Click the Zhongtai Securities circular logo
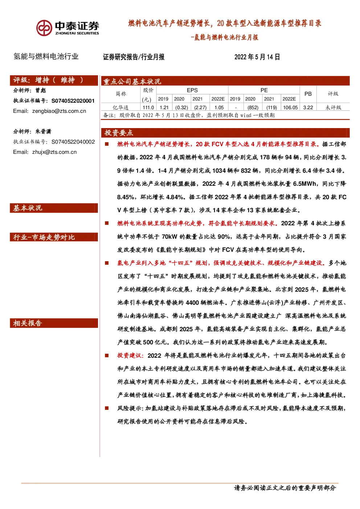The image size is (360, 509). tap(44, 28)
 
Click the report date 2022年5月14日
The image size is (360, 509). tap(257, 57)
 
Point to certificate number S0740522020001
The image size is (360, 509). tap(73, 100)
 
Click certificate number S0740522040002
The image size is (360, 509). tap(73, 141)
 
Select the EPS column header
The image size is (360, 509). tap(192, 90)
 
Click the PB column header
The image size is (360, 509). tap(308, 94)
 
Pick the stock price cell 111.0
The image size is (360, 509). tap(148, 107)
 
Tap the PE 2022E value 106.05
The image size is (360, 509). tap(290, 107)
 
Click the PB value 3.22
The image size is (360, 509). tap(308, 107)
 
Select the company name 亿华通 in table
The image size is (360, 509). tap(120, 107)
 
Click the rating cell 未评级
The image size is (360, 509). tap(333, 107)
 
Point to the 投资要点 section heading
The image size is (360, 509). tap(119, 132)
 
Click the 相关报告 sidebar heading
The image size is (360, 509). tap(28, 323)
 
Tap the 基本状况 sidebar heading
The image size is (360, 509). tap(28, 208)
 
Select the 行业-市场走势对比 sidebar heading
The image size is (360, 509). tap(44, 237)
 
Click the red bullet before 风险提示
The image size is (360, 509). tap(107, 409)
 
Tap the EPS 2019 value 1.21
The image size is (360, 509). tap(164, 107)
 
